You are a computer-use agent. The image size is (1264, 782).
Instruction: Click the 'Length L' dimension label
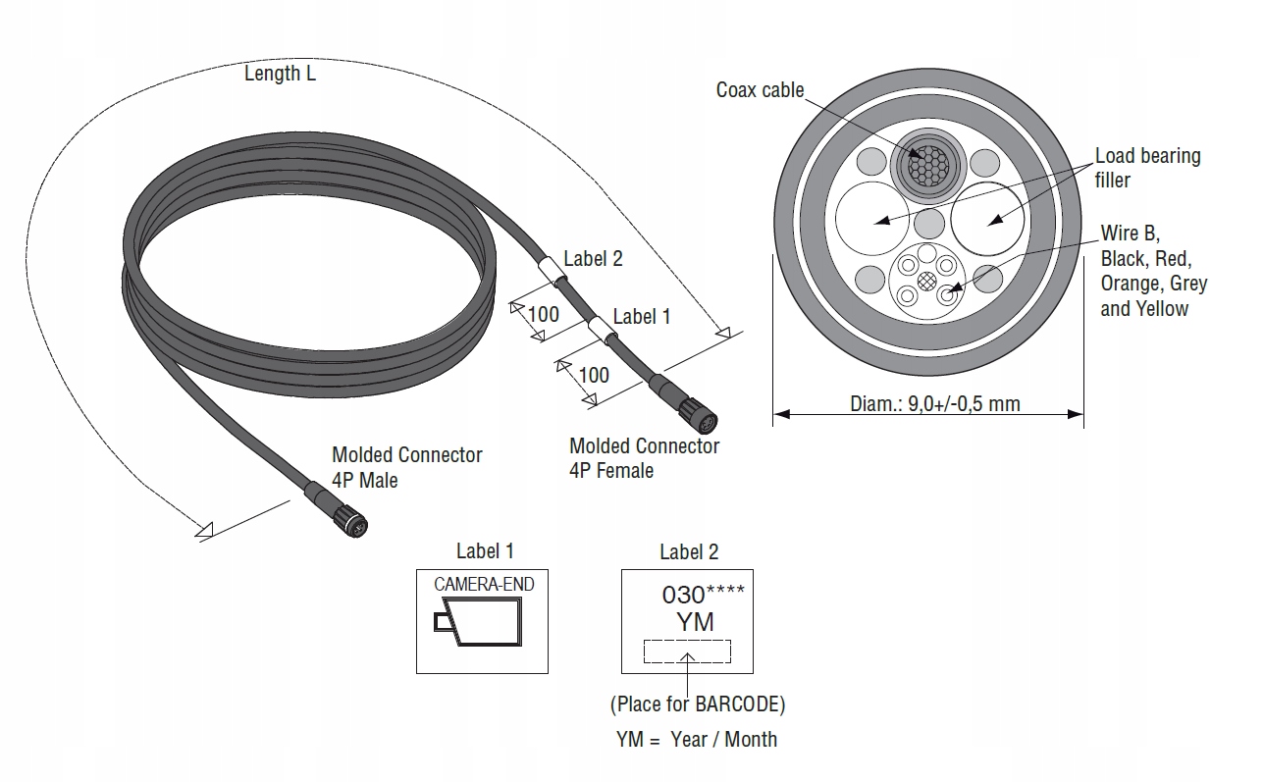tap(280, 74)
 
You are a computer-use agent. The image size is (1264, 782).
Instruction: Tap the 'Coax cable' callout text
tap(760, 90)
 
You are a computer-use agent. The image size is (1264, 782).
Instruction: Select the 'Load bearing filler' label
tap(1147, 168)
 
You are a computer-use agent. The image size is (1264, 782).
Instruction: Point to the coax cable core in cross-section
tap(928, 165)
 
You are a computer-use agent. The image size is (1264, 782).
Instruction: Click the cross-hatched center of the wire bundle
tap(926, 281)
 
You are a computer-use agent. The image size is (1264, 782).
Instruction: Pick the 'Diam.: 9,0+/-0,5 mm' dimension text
tap(935, 404)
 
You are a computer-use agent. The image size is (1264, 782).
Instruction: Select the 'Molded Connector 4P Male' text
tap(407, 468)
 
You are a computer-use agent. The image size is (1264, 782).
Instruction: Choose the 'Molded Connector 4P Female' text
tap(644, 458)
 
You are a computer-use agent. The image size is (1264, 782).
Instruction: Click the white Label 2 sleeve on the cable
tap(552, 271)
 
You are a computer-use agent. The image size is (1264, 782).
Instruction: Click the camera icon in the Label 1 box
tap(478, 622)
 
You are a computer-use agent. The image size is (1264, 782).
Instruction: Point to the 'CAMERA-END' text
tap(484, 585)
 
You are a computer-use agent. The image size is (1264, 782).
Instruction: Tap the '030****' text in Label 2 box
tap(703, 595)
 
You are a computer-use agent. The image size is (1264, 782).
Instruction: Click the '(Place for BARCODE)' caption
tap(698, 704)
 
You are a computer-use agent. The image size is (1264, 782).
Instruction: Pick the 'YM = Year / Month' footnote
tap(697, 739)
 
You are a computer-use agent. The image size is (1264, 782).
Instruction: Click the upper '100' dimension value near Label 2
tap(543, 314)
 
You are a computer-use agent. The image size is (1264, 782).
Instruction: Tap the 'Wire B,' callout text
tap(1130, 233)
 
